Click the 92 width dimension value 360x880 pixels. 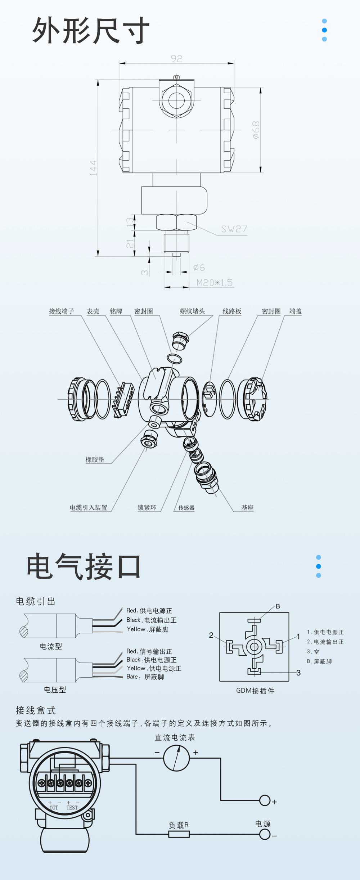pos(176,59)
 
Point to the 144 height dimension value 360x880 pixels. pos(93,168)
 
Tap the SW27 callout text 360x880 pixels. pos(234,229)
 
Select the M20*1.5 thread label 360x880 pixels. pos(215,283)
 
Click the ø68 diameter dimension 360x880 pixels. pos(256,130)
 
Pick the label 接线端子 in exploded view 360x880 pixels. pos(62,311)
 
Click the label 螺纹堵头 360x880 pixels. pos(192,311)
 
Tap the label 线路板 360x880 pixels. pos(232,311)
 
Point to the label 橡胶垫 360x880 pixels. pos(95,459)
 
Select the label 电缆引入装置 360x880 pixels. pos(89,508)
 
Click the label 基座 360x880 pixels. pos(247,508)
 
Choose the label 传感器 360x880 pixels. pos(186,508)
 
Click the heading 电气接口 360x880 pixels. pos(84,567)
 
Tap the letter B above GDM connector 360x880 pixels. pos(278,606)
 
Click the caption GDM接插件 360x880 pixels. pos(255,691)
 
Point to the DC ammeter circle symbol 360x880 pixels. pos(176,758)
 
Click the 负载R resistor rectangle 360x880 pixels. pos(179,834)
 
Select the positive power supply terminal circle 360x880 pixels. pos(265,800)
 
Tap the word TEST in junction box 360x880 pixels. pos(72,808)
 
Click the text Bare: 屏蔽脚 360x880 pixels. pos(145,677)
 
